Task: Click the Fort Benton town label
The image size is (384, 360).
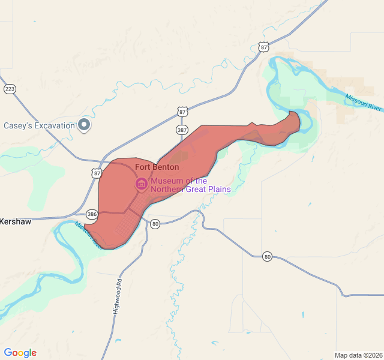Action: coord(157,167)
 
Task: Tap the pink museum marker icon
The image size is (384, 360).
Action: coord(142,184)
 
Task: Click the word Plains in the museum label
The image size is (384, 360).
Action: coord(217,190)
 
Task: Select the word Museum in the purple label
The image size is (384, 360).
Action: coord(166,181)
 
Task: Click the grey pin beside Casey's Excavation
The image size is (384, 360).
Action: coord(85,125)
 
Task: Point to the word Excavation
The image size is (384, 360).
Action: coord(53,125)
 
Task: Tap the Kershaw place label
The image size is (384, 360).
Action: coord(16,221)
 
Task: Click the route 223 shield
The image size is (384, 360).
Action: coord(10,89)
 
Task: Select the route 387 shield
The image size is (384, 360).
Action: coord(182,130)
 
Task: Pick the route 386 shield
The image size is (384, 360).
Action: coord(92,214)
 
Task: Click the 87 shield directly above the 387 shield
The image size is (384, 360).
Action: coord(182,112)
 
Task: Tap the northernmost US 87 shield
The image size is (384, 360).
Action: coord(263,47)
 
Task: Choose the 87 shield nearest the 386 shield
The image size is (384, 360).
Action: coord(97,173)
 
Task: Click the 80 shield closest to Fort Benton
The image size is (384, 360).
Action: coord(155,224)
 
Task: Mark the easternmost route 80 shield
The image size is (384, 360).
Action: coord(267,257)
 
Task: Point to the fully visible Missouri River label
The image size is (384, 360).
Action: coord(364,102)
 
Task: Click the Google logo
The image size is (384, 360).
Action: coord(20,353)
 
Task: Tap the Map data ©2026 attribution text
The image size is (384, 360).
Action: coord(358,355)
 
